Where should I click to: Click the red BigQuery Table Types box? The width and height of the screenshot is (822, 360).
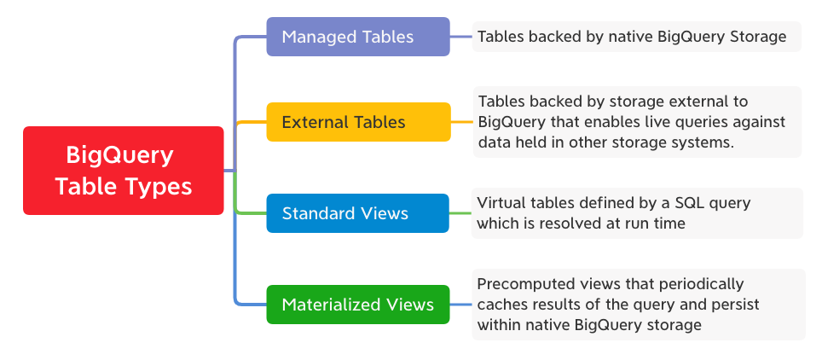[123, 170]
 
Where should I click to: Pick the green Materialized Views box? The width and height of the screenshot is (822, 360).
[358, 305]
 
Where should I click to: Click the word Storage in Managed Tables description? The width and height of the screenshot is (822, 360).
[756, 37]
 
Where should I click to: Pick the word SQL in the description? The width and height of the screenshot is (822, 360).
[672, 203]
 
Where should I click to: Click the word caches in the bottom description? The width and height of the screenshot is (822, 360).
[502, 304]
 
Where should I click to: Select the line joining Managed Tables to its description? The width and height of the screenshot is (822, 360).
[461, 37]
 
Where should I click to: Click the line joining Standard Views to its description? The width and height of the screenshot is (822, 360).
[461, 213]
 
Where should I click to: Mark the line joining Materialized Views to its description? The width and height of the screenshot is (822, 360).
[461, 305]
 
